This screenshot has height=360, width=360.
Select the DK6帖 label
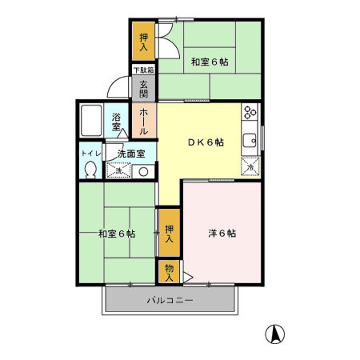click(x=206, y=142)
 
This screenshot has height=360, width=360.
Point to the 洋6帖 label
click(x=222, y=234)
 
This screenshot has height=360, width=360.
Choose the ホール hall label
click(x=144, y=121)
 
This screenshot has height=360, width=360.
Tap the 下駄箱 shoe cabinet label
click(x=144, y=70)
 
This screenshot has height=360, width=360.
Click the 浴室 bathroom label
click(x=117, y=122)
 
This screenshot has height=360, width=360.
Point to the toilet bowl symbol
click(x=90, y=169)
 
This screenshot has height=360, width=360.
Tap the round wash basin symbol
click(x=144, y=170)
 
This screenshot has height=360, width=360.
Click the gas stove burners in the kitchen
click(x=250, y=112)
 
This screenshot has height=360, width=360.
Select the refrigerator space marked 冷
click(x=250, y=166)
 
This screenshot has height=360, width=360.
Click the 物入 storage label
click(x=169, y=272)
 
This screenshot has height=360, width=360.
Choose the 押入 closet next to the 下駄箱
click(x=144, y=42)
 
